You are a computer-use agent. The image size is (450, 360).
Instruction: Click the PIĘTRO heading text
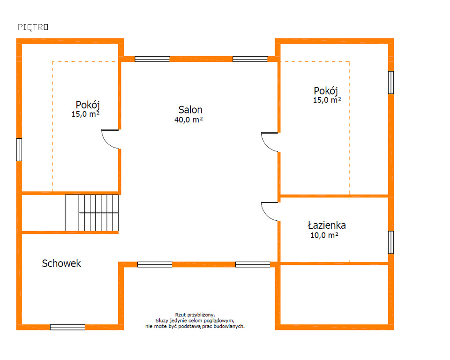tap(33, 27)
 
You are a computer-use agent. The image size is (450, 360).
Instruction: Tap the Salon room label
tap(190, 110)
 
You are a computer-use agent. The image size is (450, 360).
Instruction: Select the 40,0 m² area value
tap(188, 120)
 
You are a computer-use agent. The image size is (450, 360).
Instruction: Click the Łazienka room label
tap(327, 225)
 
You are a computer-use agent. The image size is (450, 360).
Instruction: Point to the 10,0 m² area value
tap(324, 235)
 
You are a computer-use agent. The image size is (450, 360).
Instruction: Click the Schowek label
tap(61, 263)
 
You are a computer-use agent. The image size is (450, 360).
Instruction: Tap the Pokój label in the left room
tap(88, 105)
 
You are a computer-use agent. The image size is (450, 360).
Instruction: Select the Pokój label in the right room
tap(326, 91)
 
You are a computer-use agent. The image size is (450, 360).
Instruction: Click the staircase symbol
tap(92, 213)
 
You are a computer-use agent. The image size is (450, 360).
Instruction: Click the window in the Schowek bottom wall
tap(67, 327)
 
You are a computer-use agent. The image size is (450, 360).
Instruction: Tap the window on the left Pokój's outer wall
tap(19, 150)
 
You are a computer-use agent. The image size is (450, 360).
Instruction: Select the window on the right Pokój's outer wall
tap(391, 82)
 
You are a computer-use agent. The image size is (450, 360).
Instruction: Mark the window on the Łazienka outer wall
tap(391, 242)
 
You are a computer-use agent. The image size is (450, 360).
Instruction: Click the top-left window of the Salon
tap(152, 59)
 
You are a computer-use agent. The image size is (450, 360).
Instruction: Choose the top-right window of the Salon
tap(250, 59)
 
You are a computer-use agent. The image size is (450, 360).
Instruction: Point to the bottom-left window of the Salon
tap(155, 264)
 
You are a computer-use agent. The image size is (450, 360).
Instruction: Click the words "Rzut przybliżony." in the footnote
tap(195, 315)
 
